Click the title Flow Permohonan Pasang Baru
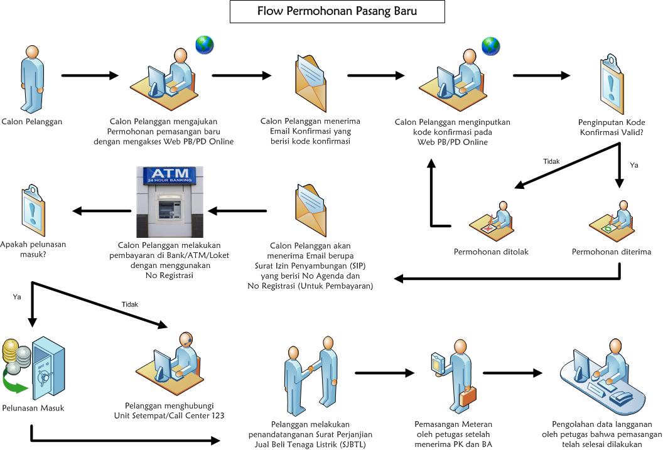[337, 11]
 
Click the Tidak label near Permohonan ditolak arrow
[551, 161]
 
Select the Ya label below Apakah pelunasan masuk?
[17, 297]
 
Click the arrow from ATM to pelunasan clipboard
[97, 211]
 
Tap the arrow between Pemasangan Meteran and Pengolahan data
[512, 373]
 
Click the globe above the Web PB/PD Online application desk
[205, 45]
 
